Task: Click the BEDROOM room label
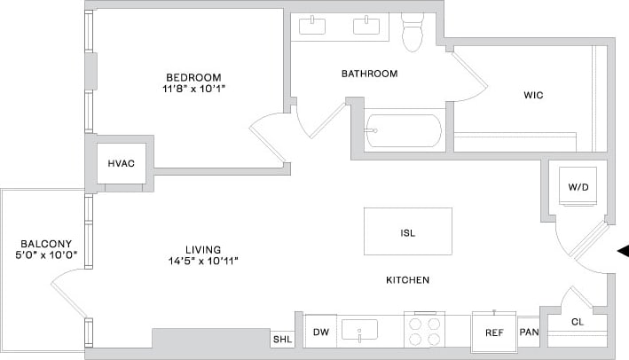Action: (193, 77)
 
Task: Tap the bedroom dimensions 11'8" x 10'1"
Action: (193, 90)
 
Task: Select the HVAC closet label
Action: (121, 164)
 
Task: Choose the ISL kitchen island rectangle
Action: (407, 232)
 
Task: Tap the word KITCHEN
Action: (407, 280)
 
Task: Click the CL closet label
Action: (577, 322)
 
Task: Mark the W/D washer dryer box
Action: (578, 187)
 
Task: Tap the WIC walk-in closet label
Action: (533, 94)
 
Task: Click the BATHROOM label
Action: (369, 74)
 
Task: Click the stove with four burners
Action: (424, 331)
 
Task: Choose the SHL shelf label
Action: (282, 339)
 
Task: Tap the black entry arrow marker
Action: (623, 252)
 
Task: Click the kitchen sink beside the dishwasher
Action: (359, 330)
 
